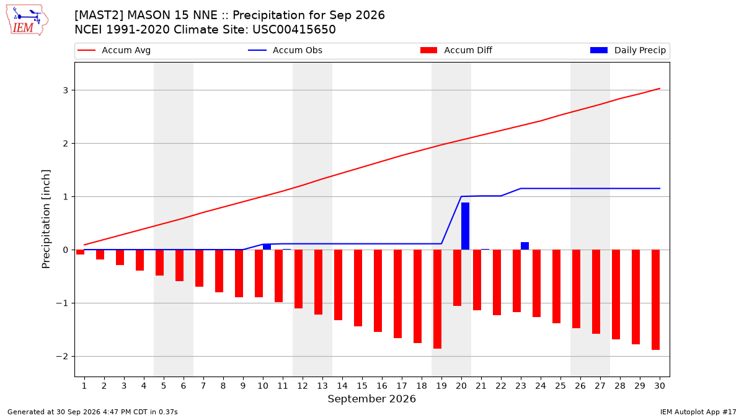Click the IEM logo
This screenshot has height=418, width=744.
(x=27, y=20)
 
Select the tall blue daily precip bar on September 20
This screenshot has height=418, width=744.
(x=466, y=226)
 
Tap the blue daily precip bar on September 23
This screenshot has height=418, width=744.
(x=525, y=246)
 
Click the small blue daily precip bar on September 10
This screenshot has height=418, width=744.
(x=267, y=247)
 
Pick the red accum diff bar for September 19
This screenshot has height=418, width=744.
(x=438, y=299)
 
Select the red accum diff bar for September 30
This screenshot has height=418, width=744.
(x=656, y=300)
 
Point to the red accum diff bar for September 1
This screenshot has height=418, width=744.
(x=81, y=252)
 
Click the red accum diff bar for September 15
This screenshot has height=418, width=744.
(x=358, y=288)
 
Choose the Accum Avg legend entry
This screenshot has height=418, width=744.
(x=114, y=50)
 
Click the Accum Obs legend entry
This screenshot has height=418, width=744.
(x=285, y=50)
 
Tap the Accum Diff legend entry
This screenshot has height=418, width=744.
(x=456, y=50)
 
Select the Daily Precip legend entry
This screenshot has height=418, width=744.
(x=628, y=50)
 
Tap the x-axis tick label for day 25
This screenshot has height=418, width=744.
(x=560, y=386)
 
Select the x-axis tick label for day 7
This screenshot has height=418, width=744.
(x=203, y=386)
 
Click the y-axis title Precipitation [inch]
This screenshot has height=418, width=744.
(x=46, y=219)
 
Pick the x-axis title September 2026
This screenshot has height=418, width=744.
(x=371, y=399)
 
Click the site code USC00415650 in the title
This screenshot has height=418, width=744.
(x=294, y=30)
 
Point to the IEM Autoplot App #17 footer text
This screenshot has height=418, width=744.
(x=698, y=412)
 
